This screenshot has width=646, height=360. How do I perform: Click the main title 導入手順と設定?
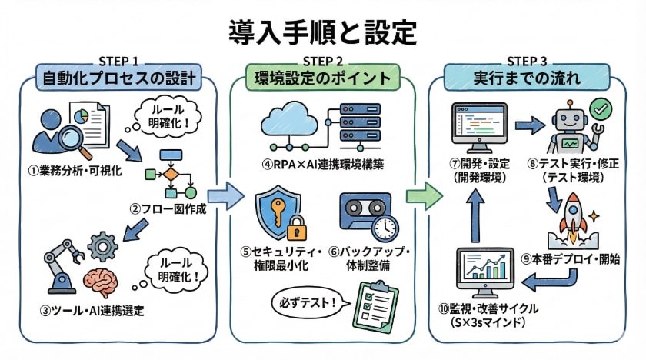click(322, 32)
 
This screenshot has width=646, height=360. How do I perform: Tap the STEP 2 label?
click(322, 62)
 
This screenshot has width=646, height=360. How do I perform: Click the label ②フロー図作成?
click(168, 209)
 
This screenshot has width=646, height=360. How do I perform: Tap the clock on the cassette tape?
click(385, 227)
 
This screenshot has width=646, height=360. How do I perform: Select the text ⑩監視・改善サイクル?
click(489, 309)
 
